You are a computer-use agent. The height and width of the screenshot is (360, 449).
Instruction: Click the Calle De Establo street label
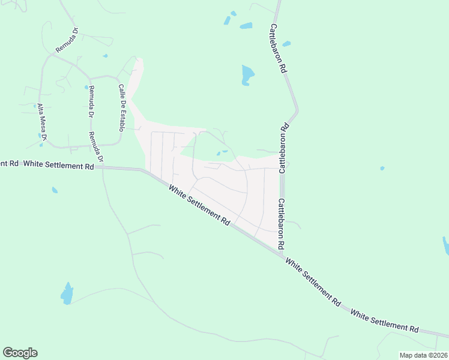(121, 107)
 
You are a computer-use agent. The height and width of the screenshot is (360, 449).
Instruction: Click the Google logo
(20, 353)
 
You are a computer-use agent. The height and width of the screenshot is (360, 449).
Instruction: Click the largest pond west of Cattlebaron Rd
(247, 74)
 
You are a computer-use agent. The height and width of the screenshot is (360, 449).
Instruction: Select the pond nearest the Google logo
(67, 294)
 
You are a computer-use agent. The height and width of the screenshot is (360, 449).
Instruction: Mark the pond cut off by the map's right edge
(445, 245)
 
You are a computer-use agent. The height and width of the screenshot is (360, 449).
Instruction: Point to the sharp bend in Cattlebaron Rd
(296, 112)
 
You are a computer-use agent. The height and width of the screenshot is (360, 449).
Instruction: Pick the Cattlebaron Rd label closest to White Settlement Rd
(280, 224)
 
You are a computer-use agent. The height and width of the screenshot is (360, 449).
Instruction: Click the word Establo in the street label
(121, 118)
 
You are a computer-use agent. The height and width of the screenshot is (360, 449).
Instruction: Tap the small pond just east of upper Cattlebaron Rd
(286, 43)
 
